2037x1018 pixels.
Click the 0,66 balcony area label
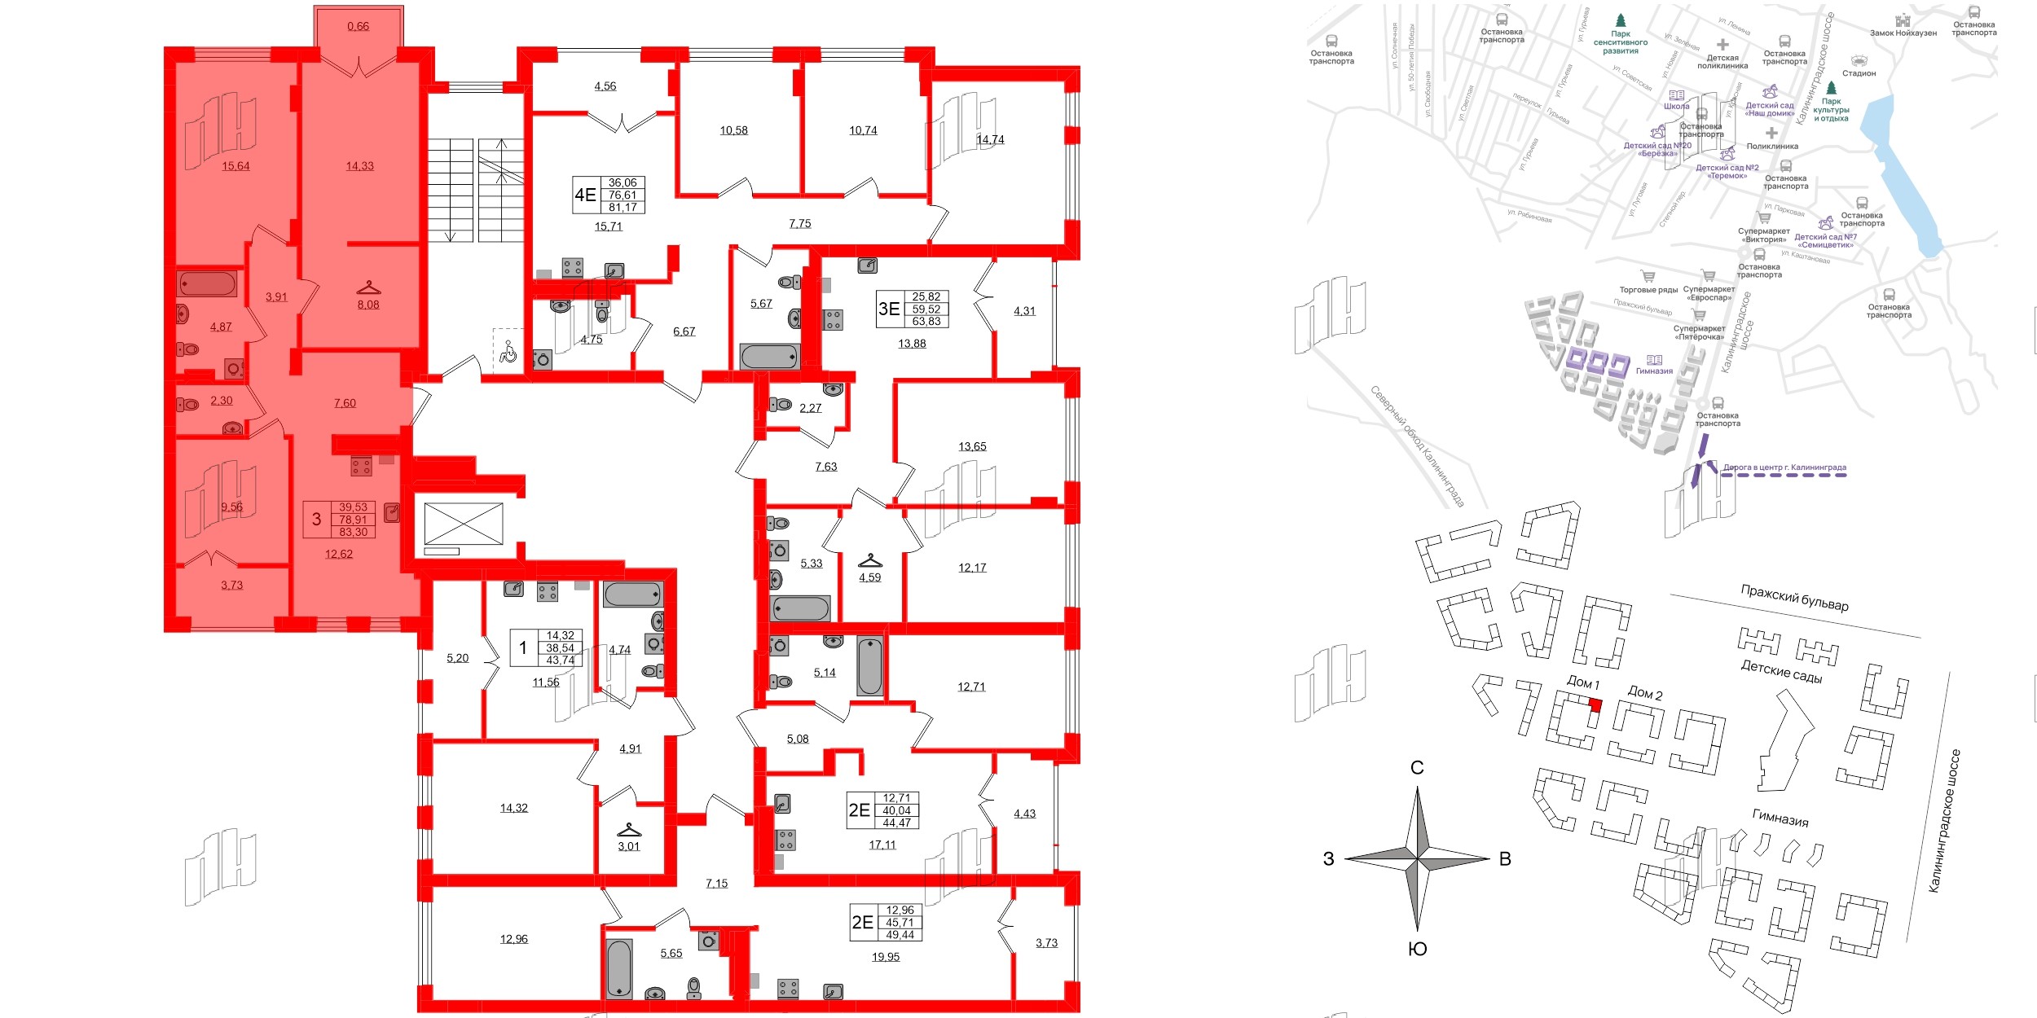tap(358, 26)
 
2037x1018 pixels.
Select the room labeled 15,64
tap(235, 166)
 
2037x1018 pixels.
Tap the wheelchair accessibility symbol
tap(508, 353)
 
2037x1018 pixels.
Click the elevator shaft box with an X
tap(464, 524)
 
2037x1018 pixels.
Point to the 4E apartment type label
tap(585, 195)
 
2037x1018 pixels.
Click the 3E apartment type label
tap(888, 309)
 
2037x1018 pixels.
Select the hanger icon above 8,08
tap(368, 288)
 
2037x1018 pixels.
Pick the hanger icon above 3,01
tap(629, 830)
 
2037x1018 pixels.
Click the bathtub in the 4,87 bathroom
tap(208, 284)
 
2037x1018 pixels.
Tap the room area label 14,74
tap(990, 139)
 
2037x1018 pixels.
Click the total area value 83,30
tap(353, 532)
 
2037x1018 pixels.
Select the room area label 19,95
tap(886, 957)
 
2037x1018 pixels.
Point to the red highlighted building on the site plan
tap(1595, 705)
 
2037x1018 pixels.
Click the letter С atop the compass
tap(1417, 768)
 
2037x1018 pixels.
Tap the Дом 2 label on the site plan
tap(1644, 693)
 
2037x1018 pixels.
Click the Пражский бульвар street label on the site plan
tap(1794, 598)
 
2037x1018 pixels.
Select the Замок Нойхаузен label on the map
tap(1903, 33)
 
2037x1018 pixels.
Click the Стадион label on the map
tap(1859, 73)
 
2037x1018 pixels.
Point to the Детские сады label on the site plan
tap(1781, 671)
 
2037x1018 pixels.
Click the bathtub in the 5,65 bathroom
tap(619, 968)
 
